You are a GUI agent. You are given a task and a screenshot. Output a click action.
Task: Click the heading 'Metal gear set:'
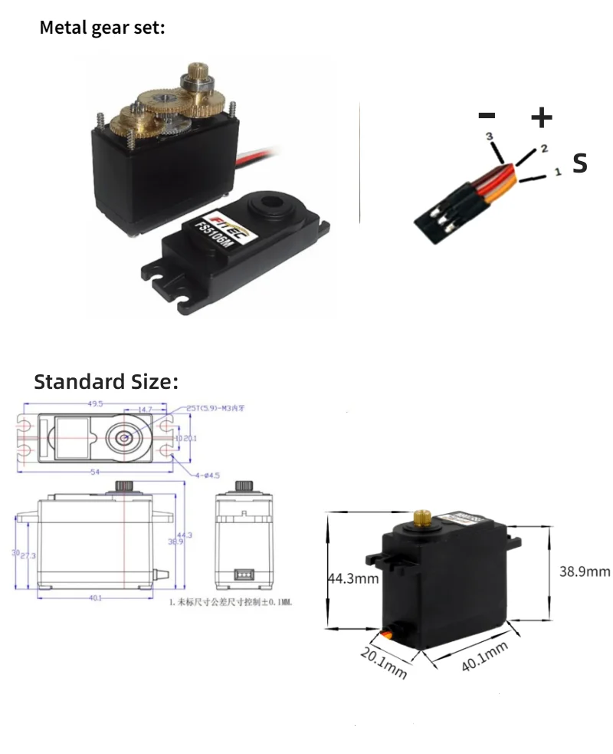(x=102, y=28)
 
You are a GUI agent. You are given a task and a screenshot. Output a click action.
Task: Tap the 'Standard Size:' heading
(x=106, y=381)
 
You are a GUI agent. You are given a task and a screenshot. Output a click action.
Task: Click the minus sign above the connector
(x=487, y=116)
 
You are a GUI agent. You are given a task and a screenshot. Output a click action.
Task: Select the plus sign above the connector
(x=541, y=117)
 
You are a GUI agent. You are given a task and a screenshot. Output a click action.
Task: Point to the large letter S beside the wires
(x=580, y=163)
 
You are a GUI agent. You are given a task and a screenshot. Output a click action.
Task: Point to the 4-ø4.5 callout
(x=205, y=476)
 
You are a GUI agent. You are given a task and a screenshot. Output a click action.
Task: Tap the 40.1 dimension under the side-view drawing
(x=95, y=598)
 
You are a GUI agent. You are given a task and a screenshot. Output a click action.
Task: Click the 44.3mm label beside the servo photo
(x=353, y=578)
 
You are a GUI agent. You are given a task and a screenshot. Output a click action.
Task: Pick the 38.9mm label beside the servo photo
(x=584, y=571)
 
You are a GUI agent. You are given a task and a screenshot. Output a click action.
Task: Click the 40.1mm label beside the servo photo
(x=485, y=658)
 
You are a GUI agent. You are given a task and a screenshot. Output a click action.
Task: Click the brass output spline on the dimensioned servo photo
(x=421, y=518)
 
